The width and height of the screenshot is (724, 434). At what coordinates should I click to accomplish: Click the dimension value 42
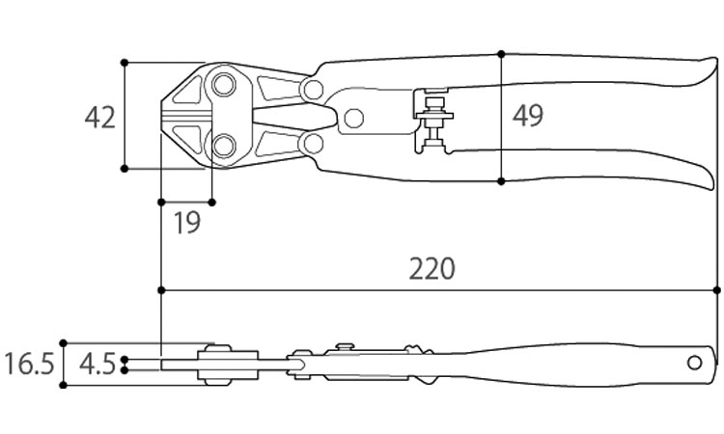click(x=100, y=117)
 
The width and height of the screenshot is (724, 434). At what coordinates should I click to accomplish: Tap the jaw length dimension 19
click(x=186, y=223)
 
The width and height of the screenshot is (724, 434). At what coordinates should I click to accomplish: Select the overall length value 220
click(x=431, y=268)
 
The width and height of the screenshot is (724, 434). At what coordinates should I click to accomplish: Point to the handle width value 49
click(x=527, y=116)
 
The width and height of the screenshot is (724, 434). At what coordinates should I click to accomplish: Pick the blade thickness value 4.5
click(x=97, y=365)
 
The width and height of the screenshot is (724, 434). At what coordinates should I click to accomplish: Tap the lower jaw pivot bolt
click(x=224, y=147)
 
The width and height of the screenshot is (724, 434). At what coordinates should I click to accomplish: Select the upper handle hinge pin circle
click(x=311, y=90)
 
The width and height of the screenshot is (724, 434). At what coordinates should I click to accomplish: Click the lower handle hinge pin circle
click(x=311, y=144)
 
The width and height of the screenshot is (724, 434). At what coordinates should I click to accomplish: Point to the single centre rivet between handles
click(x=353, y=119)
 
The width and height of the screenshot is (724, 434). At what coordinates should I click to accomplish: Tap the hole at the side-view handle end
click(x=694, y=363)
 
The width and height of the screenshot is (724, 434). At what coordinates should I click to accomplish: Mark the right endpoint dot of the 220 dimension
click(x=716, y=289)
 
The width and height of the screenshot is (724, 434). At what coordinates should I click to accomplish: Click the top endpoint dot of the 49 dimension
click(x=501, y=53)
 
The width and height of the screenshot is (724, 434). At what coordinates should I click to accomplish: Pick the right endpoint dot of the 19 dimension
click(x=212, y=202)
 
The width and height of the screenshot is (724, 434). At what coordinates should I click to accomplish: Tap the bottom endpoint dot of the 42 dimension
click(x=125, y=169)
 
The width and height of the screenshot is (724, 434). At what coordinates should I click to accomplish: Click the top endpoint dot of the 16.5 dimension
click(x=64, y=342)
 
